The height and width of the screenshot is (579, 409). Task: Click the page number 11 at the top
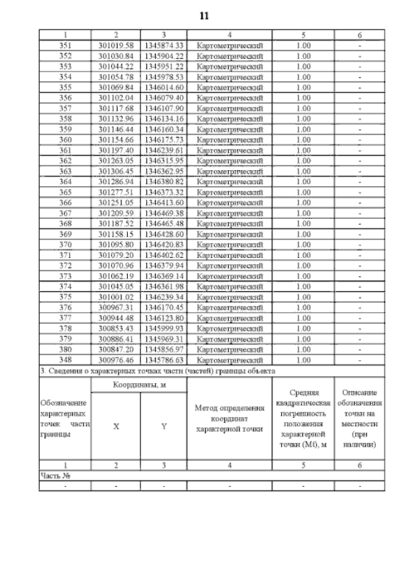click(x=204, y=15)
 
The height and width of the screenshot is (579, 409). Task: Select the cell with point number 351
click(x=65, y=45)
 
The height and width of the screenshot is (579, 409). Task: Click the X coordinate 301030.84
click(x=116, y=56)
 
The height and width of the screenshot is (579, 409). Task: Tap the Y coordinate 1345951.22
click(x=164, y=67)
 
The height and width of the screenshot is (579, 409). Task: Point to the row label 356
click(x=65, y=98)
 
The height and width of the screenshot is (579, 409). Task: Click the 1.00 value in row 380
click(x=304, y=349)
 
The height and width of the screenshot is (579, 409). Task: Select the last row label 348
click(x=65, y=360)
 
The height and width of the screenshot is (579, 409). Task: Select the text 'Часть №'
click(x=54, y=476)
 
